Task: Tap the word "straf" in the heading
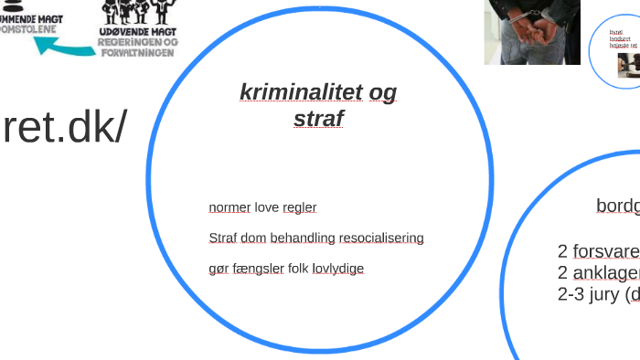tap(318, 119)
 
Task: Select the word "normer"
tap(229, 207)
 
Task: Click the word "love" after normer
tap(266, 207)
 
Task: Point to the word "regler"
tap(300, 207)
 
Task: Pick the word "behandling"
tap(303, 238)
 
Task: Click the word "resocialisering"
tap(381, 238)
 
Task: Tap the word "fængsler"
tap(259, 269)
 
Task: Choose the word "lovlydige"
tap(338, 269)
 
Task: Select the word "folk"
tap(298, 269)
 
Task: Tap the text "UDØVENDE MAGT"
tap(138, 31)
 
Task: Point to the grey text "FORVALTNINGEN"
tap(138, 52)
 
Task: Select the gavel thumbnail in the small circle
tap(629, 65)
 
